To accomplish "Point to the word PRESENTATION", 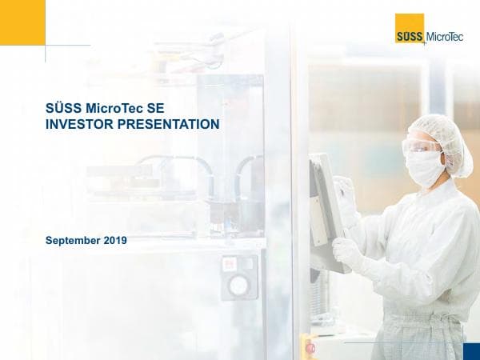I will pos(171,124).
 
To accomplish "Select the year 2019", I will pos(114,240).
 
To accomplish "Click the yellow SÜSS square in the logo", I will pos(410,28).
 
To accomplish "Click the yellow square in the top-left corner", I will pos(22,22).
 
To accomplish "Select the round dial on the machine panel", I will pos(238,285).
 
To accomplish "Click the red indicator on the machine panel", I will pos(227,263).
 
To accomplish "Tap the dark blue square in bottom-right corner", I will pos(471,351).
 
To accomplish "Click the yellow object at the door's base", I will pos(310,347).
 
